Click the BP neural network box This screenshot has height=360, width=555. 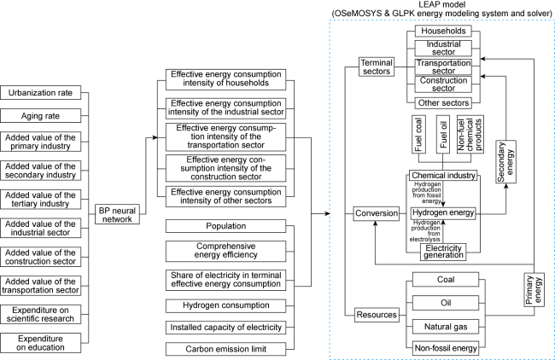(117, 214)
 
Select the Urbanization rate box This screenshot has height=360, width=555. (40, 93)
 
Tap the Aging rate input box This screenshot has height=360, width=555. (40, 116)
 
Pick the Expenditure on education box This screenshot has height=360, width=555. (40, 343)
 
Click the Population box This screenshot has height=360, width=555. (225, 226)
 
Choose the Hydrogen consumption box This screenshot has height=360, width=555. (225, 305)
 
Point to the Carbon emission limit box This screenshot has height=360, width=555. (225, 349)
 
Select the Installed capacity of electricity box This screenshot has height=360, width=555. (225, 328)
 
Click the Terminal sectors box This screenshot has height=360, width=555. (377, 67)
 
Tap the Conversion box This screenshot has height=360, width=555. (377, 213)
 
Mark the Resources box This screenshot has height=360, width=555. (377, 315)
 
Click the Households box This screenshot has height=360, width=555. (443, 31)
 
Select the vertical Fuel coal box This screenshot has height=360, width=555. (418, 134)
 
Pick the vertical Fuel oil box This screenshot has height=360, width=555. (443, 134)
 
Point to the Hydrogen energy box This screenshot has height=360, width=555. (443, 213)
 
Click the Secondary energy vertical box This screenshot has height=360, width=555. (505, 161)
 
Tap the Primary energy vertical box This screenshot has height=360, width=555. (534, 290)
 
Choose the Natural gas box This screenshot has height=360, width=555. (446, 327)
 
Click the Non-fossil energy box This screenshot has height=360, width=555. (446, 348)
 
